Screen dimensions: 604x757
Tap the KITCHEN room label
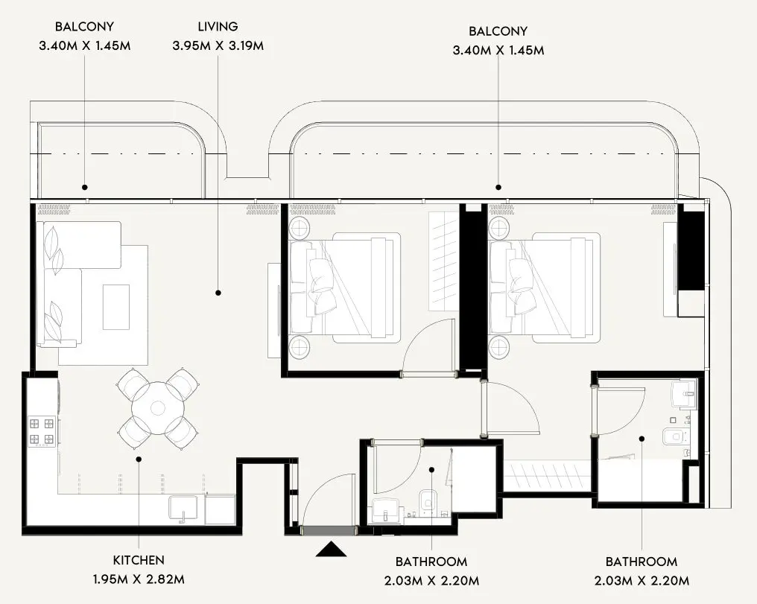(139, 560)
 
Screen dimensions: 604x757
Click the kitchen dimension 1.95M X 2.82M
(139, 579)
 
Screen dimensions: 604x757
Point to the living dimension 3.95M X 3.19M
(218, 46)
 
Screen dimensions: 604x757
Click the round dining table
(158, 409)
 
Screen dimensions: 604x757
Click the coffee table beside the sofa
(115, 306)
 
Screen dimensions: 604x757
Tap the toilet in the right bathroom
(675, 437)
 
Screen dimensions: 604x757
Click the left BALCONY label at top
(84, 28)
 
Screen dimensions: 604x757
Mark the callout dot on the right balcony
(498, 188)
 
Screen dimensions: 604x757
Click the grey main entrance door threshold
(328, 530)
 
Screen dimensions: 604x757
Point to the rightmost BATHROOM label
(641, 562)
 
